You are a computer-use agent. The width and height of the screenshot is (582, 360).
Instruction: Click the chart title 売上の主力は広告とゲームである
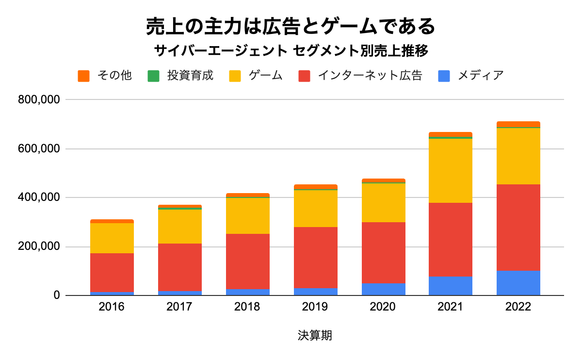[291, 27]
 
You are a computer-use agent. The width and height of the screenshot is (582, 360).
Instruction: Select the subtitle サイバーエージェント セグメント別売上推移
[291, 50]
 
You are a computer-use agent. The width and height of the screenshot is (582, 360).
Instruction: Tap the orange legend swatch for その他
[84, 76]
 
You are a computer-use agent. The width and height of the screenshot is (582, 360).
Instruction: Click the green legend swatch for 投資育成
[153, 76]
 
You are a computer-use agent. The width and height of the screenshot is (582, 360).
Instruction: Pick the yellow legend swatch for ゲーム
[236, 76]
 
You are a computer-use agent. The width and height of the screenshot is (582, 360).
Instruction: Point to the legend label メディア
[481, 76]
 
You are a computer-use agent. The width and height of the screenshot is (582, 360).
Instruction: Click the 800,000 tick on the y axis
[38, 100]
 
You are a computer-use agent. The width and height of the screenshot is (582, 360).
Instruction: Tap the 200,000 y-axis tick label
[38, 247]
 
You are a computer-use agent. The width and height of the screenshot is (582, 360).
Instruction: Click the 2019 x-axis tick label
[315, 307]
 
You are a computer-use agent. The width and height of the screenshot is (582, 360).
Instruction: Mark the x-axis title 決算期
[315, 335]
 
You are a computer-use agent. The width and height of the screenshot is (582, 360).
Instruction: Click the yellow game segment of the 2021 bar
[451, 170]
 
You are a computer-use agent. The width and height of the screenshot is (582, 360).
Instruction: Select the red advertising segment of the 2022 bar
[518, 228]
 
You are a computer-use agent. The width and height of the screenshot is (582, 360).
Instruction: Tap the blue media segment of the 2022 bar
[518, 283]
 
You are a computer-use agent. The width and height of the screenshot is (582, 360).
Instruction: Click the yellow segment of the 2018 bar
[247, 216]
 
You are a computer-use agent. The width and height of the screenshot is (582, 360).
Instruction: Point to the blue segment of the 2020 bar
[383, 289]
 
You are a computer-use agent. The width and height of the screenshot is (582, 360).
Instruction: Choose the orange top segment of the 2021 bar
[451, 134]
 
